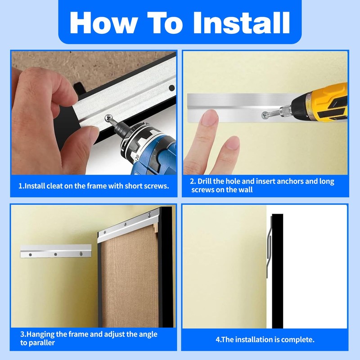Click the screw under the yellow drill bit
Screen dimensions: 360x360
click(264, 116)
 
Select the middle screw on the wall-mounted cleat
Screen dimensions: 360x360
click(55, 254)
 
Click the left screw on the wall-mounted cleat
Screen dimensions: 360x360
click(29, 254)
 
